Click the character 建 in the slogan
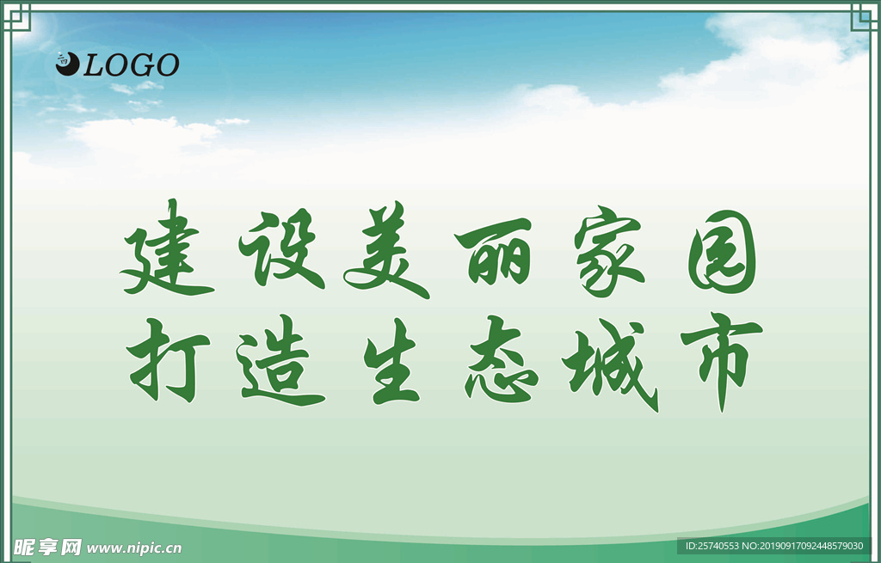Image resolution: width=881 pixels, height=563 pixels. pyautogui.click(x=166, y=248)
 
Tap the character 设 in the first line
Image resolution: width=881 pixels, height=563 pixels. pyautogui.click(x=281, y=248)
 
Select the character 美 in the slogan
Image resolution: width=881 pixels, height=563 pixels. pyautogui.click(x=386, y=250)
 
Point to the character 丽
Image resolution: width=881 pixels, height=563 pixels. pyautogui.click(x=493, y=251)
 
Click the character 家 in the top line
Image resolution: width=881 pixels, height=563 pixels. pyautogui.click(x=608, y=252)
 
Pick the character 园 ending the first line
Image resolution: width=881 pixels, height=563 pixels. pyautogui.click(x=723, y=252)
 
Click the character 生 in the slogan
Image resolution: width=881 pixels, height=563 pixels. pyautogui.click(x=391, y=361)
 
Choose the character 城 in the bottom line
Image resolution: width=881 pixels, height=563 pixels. pyautogui.click(x=611, y=365)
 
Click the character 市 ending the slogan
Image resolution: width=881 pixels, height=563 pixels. pyautogui.click(x=722, y=362)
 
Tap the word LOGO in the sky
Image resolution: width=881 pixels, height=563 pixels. pyautogui.click(x=132, y=65)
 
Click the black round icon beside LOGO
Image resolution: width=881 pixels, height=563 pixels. pyautogui.click(x=67, y=64)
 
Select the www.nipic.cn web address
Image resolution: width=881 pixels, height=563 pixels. pyautogui.click(x=133, y=548)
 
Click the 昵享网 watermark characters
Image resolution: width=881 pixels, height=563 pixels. pyautogui.click(x=48, y=548)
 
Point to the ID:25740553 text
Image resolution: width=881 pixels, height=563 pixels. pyautogui.click(x=712, y=546)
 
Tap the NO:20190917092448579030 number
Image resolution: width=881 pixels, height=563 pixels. pyautogui.click(x=803, y=546)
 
